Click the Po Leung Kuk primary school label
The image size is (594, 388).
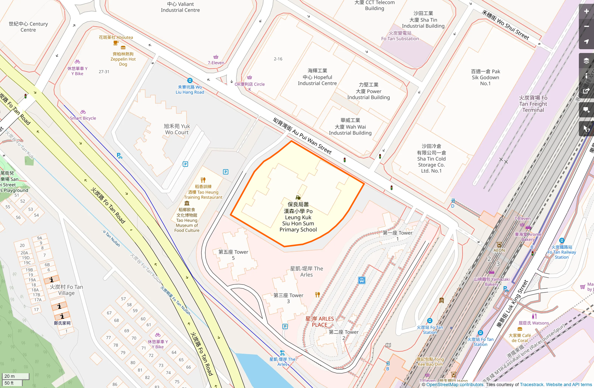coord(298,217)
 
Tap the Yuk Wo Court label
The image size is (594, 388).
coord(177,129)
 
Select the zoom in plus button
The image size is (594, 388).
coord(586,11)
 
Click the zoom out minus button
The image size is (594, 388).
coord(586,26)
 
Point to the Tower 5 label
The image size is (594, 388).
coord(233,255)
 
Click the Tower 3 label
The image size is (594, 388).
coord(288,298)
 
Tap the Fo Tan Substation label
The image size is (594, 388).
coord(400,36)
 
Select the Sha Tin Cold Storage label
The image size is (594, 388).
coord(431,159)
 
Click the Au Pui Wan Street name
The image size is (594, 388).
coord(302,136)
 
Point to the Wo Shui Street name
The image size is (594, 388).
coord(505,25)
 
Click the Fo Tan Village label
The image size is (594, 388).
coord(66,290)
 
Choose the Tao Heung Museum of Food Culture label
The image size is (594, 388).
coord(187,220)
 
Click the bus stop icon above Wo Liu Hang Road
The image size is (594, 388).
coord(190,80)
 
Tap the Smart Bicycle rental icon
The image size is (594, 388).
coord(83,112)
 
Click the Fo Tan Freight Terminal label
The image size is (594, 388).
coord(533,104)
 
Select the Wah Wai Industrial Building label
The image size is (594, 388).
coord(350,126)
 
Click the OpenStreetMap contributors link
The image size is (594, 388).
coord(455,385)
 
